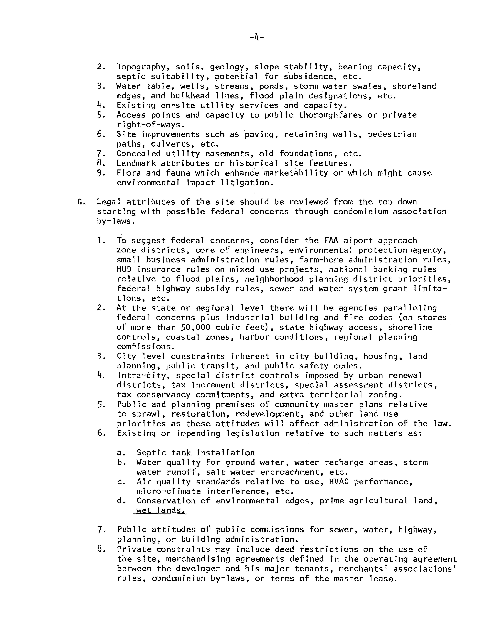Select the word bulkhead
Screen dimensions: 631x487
point(190,96)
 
